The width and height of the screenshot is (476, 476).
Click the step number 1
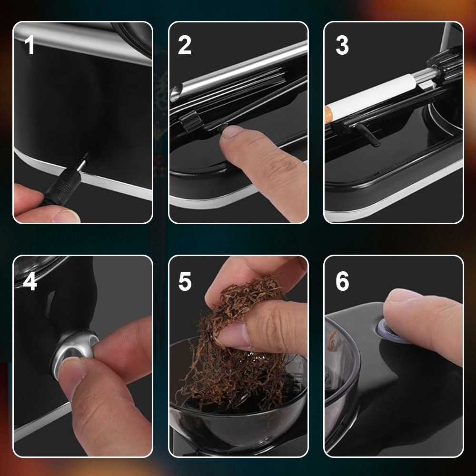(x=29, y=45)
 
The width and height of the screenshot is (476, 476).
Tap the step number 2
(x=185, y=45)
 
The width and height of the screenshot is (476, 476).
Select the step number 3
(x=342, y=45)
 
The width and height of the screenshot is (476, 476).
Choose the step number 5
(x=185, y=281)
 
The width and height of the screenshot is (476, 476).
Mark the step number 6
(x=342, y=281)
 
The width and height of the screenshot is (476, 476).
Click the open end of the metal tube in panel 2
(x=176, y=93)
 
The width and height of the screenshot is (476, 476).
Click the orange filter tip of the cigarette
(x=327, y=114)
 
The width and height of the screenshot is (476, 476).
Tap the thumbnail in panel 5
(x=234, y=335)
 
